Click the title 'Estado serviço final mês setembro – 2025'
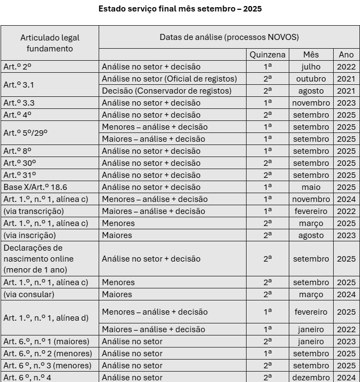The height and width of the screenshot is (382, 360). (180, 9)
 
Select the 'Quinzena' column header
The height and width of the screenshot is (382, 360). (267, 55)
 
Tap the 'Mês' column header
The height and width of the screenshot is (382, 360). (311, 55)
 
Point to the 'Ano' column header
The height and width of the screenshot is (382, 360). (346, 55)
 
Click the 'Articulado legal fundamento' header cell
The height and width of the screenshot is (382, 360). (50, 43)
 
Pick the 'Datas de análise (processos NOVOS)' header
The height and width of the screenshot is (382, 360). (229, 37)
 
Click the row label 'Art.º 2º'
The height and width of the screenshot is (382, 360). (18, 67)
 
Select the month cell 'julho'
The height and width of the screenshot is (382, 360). (311, 67)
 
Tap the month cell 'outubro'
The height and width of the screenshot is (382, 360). (311, 79)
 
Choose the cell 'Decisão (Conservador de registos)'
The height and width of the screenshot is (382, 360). (167, 91)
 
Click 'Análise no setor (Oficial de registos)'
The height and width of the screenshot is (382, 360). (169, 79)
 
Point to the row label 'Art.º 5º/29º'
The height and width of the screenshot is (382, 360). (26, 132)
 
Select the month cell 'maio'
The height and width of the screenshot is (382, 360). (311, 187)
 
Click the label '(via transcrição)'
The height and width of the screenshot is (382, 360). (33, 211)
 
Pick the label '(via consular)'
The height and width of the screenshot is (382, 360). (29, 294)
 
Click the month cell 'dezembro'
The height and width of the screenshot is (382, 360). (311, 377)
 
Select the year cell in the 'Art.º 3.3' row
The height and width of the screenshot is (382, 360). (346, 103)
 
